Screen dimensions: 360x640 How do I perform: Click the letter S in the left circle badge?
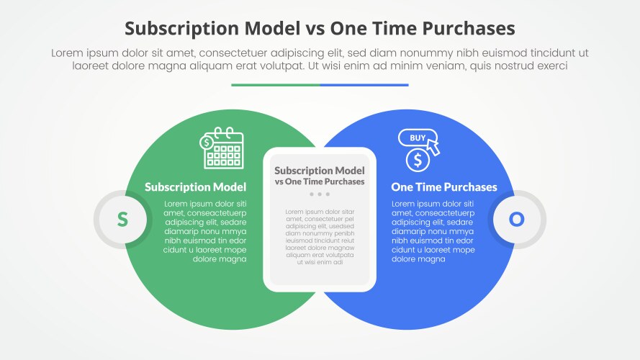point(122,220)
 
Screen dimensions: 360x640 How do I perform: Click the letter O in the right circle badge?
point(517,220)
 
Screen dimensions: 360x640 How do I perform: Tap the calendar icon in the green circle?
point(224,149)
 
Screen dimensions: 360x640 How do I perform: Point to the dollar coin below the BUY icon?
point(418,159)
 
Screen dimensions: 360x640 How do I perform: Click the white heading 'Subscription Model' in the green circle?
point(195,187)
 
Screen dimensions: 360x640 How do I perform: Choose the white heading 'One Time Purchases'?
point(443,187)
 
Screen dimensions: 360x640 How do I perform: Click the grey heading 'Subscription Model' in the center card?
point(320,171)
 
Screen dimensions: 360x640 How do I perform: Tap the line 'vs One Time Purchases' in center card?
point(320,181)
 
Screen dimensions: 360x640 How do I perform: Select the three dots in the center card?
point(320,194)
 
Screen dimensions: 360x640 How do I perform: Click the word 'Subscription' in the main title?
point(182,28)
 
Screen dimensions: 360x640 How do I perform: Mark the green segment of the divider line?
point(275,85)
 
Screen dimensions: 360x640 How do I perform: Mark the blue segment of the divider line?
point(364,85)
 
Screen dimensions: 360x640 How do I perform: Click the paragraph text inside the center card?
point(320,237)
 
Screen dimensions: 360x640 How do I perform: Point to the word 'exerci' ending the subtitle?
point(549,66)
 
